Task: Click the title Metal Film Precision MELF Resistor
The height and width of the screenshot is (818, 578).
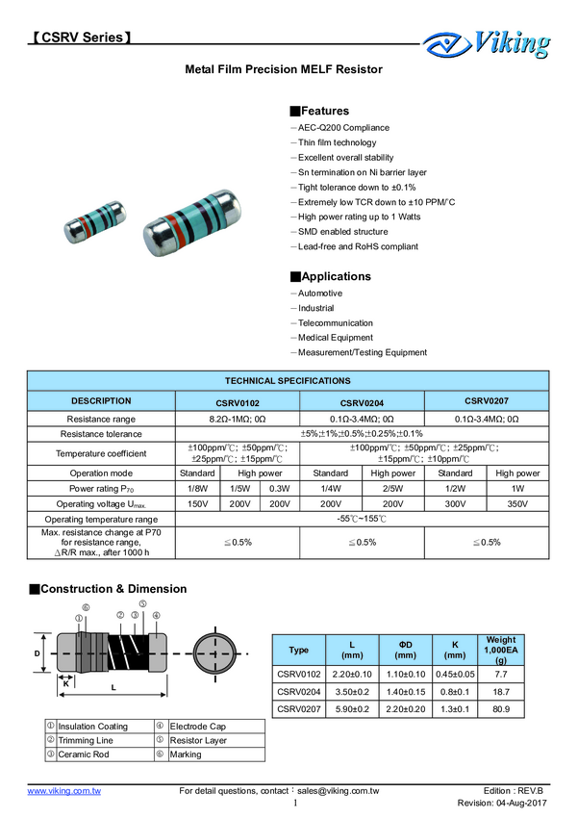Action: (x=284, y=70)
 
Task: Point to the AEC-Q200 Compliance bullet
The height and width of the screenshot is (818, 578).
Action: (x=343, y=128)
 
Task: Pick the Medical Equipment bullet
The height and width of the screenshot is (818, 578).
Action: (x=335, y=338)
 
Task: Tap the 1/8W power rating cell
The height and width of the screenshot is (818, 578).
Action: (x=197, y=488)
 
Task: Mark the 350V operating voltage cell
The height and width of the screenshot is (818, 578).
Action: (x=516, y=503)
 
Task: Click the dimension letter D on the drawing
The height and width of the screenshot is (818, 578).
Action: (x=38, y=652)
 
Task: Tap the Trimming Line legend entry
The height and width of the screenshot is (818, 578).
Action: (x=86, y=740)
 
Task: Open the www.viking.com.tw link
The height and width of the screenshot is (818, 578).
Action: (x=64, y=790)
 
